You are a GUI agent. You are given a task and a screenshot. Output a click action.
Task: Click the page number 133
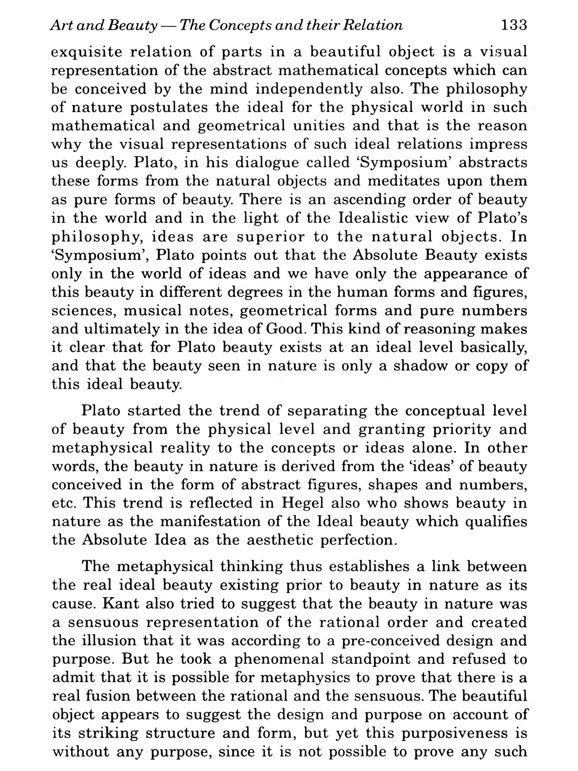[x=513, y=25]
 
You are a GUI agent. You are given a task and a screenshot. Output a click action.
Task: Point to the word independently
[x=309, y=89]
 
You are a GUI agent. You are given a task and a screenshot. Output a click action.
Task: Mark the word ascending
[x=368, y=200]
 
